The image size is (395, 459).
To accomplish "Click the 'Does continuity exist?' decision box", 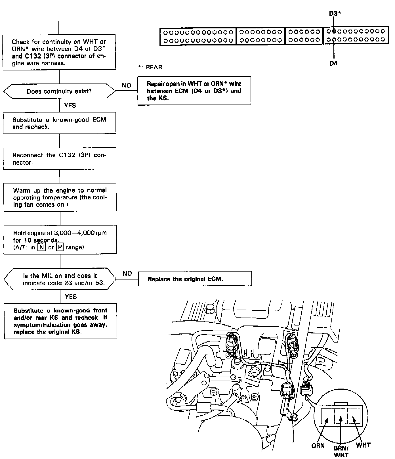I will pyautogui.click(x=59, y=91).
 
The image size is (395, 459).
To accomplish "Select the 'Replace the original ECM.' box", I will pyautogui.click(x=195, y=279).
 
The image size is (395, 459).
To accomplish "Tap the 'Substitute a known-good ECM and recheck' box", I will pyautogui.click(x=59, y=123).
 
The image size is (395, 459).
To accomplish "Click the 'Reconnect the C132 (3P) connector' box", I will pyautogui.click(x=59, y=158).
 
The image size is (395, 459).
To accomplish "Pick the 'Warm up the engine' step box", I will pyautogui.click(x=60, y=197).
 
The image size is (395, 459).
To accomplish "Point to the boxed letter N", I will pyautogui.click(x=42, y=247).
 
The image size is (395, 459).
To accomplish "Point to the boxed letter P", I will pyautogui.click(x=60, y=247).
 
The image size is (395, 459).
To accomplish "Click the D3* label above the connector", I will pyautogui.click(x=335, y=14).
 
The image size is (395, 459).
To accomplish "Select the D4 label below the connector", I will pyautogui.click(x=333, y=63).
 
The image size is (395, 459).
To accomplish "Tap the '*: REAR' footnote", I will pyautogui.click(x=150, y=67).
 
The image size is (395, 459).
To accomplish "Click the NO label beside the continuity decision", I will pyautogui.click(x=126, y=85).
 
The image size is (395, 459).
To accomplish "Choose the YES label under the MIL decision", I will pyautogui.click(x=71, y=297).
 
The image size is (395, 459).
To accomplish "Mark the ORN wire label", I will pyautogui.click(x=318, y=445).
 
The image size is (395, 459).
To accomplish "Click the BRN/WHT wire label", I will pyautogui.click(x=341, y=451).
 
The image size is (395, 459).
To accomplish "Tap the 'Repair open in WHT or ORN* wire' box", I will pyautogui.click(x=194, y=91).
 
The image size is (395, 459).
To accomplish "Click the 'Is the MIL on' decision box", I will pyautogui.click(x=60, y=279).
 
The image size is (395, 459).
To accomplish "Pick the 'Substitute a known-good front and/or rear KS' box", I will pyautogui.click(x=60, y=321).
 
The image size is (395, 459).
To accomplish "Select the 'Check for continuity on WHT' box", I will pyautogui.click(x=59, y=52).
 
